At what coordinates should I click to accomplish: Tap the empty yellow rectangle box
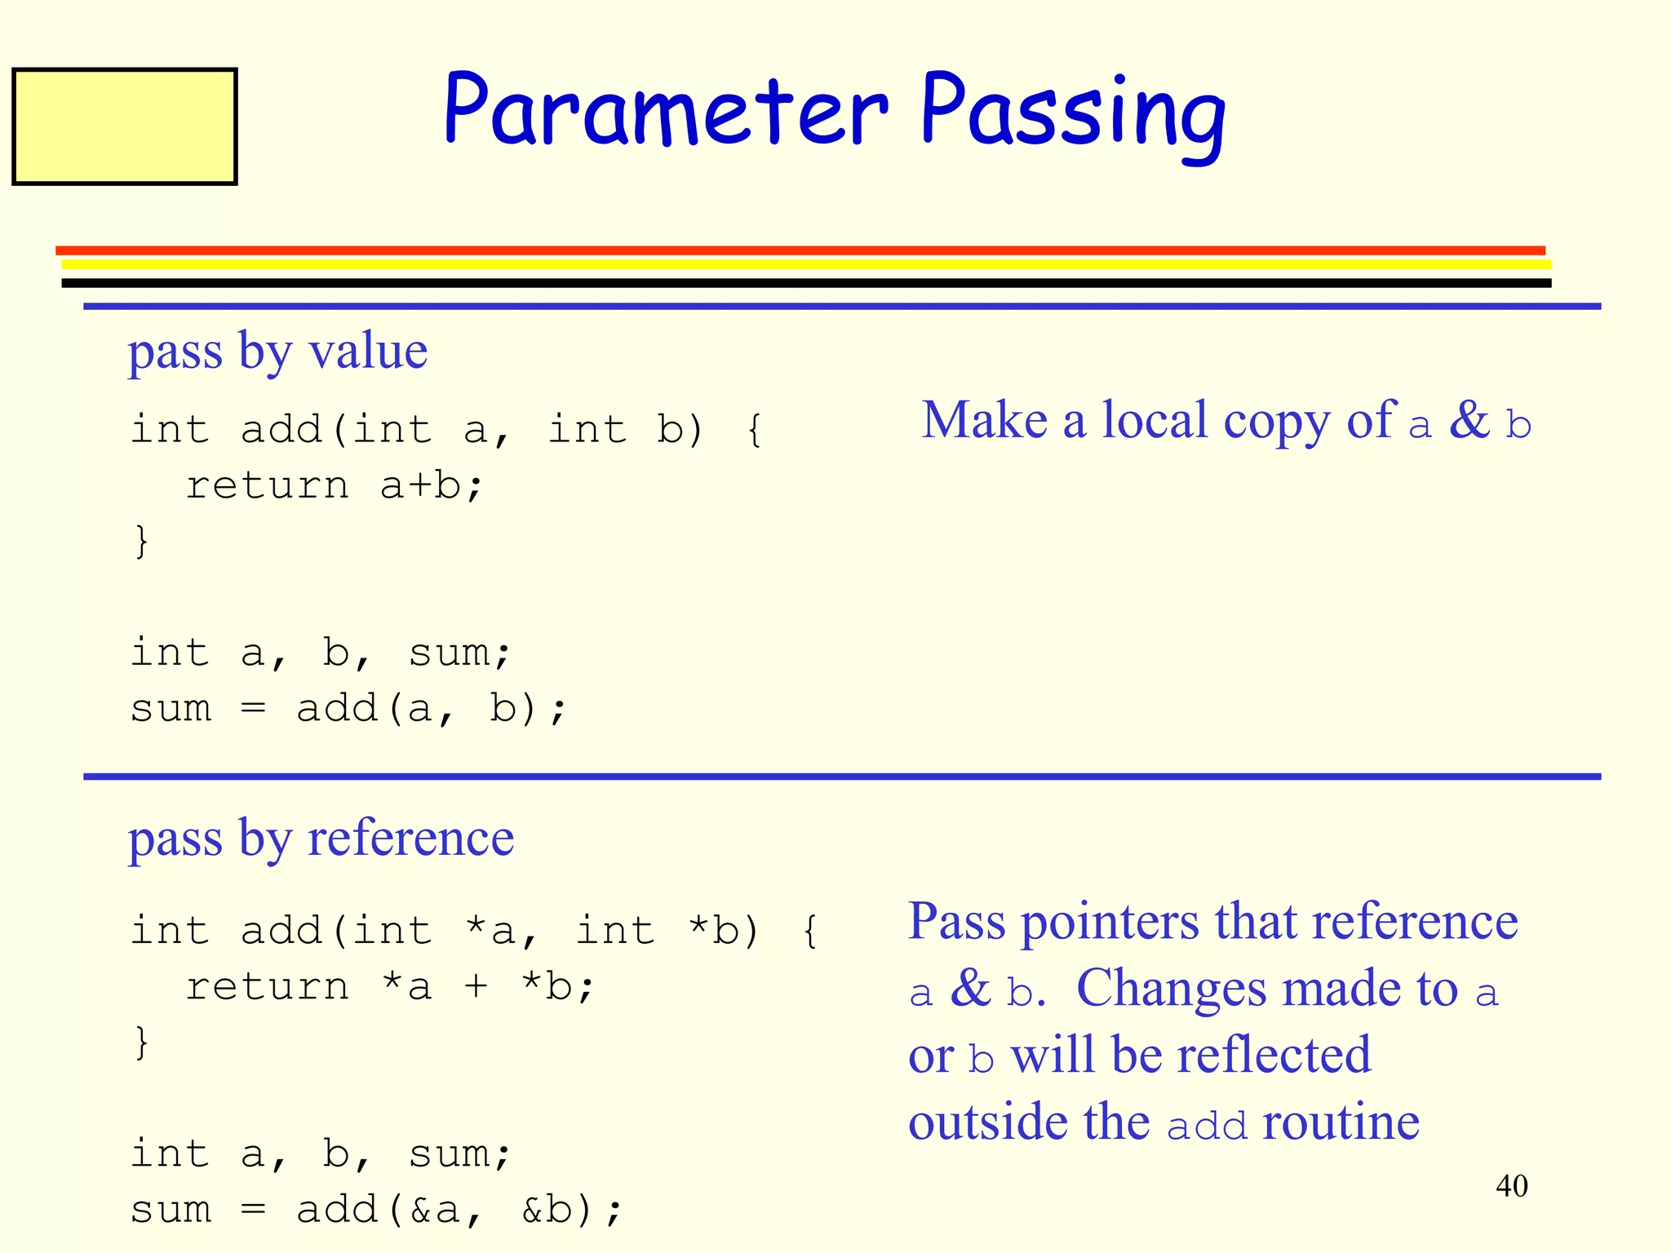[x=125, y=126]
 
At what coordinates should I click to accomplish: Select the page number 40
[x=1511, y=1185]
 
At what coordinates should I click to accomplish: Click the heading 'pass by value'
[x=277, y=352]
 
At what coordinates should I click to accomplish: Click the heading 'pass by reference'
[x=321, y=839]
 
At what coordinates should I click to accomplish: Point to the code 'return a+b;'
[x=335, y=485]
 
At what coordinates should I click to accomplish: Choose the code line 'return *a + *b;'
[x=390, y=987]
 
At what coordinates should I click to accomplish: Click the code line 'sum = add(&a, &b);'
[x=376, y=1209]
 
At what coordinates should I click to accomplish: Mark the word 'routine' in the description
[x=1341, y=1122]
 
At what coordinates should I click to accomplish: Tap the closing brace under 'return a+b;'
[x=142, y=541]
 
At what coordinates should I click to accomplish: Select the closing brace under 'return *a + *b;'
[x=142, y=1042]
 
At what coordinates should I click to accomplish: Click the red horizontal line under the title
[x=800, y=250]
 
